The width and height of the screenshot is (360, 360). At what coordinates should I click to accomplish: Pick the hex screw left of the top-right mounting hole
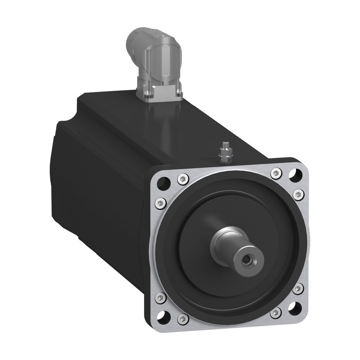[x=276, y=173]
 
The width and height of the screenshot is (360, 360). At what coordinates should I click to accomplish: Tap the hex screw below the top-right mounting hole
[x=299, y=194]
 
